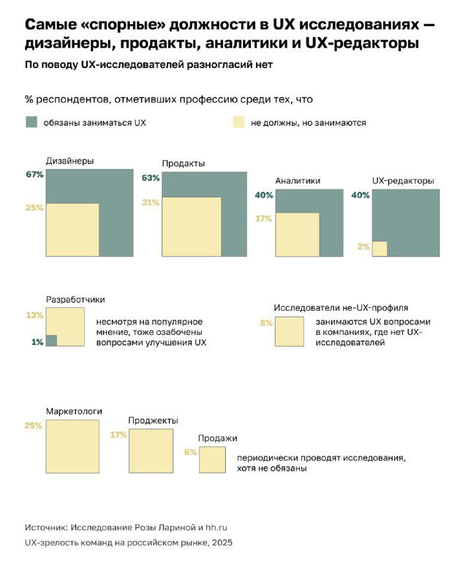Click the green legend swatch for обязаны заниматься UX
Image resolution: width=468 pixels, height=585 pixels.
click(31, 123)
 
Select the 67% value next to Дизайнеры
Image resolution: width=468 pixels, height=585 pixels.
click(34, 175)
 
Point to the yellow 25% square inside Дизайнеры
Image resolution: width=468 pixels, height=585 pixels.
click(72, 230)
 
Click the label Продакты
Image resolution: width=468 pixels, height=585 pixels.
click(183, 163)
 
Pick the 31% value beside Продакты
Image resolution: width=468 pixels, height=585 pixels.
click(151, 203)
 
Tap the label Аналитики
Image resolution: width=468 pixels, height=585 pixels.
click(298, 181)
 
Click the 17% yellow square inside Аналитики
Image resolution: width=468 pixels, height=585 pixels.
click(297, 234)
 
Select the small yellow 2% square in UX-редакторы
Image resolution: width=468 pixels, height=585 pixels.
click(380, 249)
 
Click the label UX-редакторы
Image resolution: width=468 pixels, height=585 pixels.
click(403, 181)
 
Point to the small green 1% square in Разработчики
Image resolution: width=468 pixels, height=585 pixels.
click(51, 340)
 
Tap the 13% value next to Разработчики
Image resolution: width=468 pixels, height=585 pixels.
click(34, 315)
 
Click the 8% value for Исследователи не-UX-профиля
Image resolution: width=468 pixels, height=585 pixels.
click(266, 322)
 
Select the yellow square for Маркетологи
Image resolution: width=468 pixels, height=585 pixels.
click(72, 446)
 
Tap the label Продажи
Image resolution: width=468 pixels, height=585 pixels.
click(217, 438)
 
